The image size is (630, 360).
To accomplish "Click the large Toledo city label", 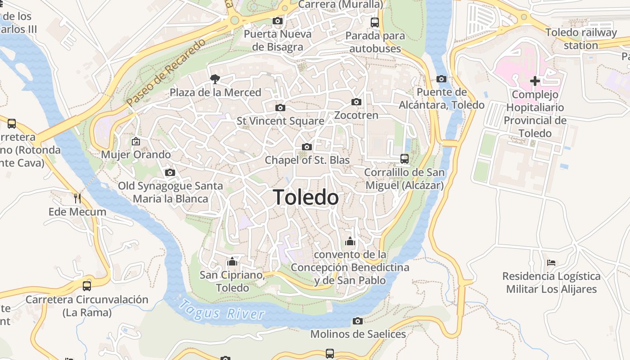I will [x=306, y=197].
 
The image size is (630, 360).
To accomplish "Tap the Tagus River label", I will [x=222, y=310].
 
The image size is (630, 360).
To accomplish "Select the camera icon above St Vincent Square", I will [x=280, y=108].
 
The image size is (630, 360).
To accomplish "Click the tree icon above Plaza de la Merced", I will [x=215, y=79].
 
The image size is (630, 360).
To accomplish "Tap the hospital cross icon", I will [x=535, y=81].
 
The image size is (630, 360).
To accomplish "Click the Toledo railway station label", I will [x=581, y=39].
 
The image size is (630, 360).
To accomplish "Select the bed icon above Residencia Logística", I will [x=551, y=262].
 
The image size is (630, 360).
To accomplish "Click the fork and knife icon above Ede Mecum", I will [x=77, y=198].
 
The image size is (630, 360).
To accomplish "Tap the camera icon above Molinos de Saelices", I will [x=358, y=321].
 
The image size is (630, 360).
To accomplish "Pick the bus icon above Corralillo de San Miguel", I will [x=404, y=159].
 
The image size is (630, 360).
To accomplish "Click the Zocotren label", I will [x=356, y=115].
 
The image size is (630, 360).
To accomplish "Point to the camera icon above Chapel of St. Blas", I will [x=307, y=147].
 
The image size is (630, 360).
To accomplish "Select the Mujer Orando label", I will [x=136, y=154].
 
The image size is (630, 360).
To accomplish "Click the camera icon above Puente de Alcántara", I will [x=441, y=79].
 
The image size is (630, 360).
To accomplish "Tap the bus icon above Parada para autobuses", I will [x=374, y=22].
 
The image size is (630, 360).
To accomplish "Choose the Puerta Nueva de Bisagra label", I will [x=277, y=40].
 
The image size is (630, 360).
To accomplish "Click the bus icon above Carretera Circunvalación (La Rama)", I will [x=87, y=286].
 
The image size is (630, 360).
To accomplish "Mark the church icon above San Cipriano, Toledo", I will [x=232, y=261].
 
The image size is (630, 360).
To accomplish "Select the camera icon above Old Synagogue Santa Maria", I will [x=170, y=172].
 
